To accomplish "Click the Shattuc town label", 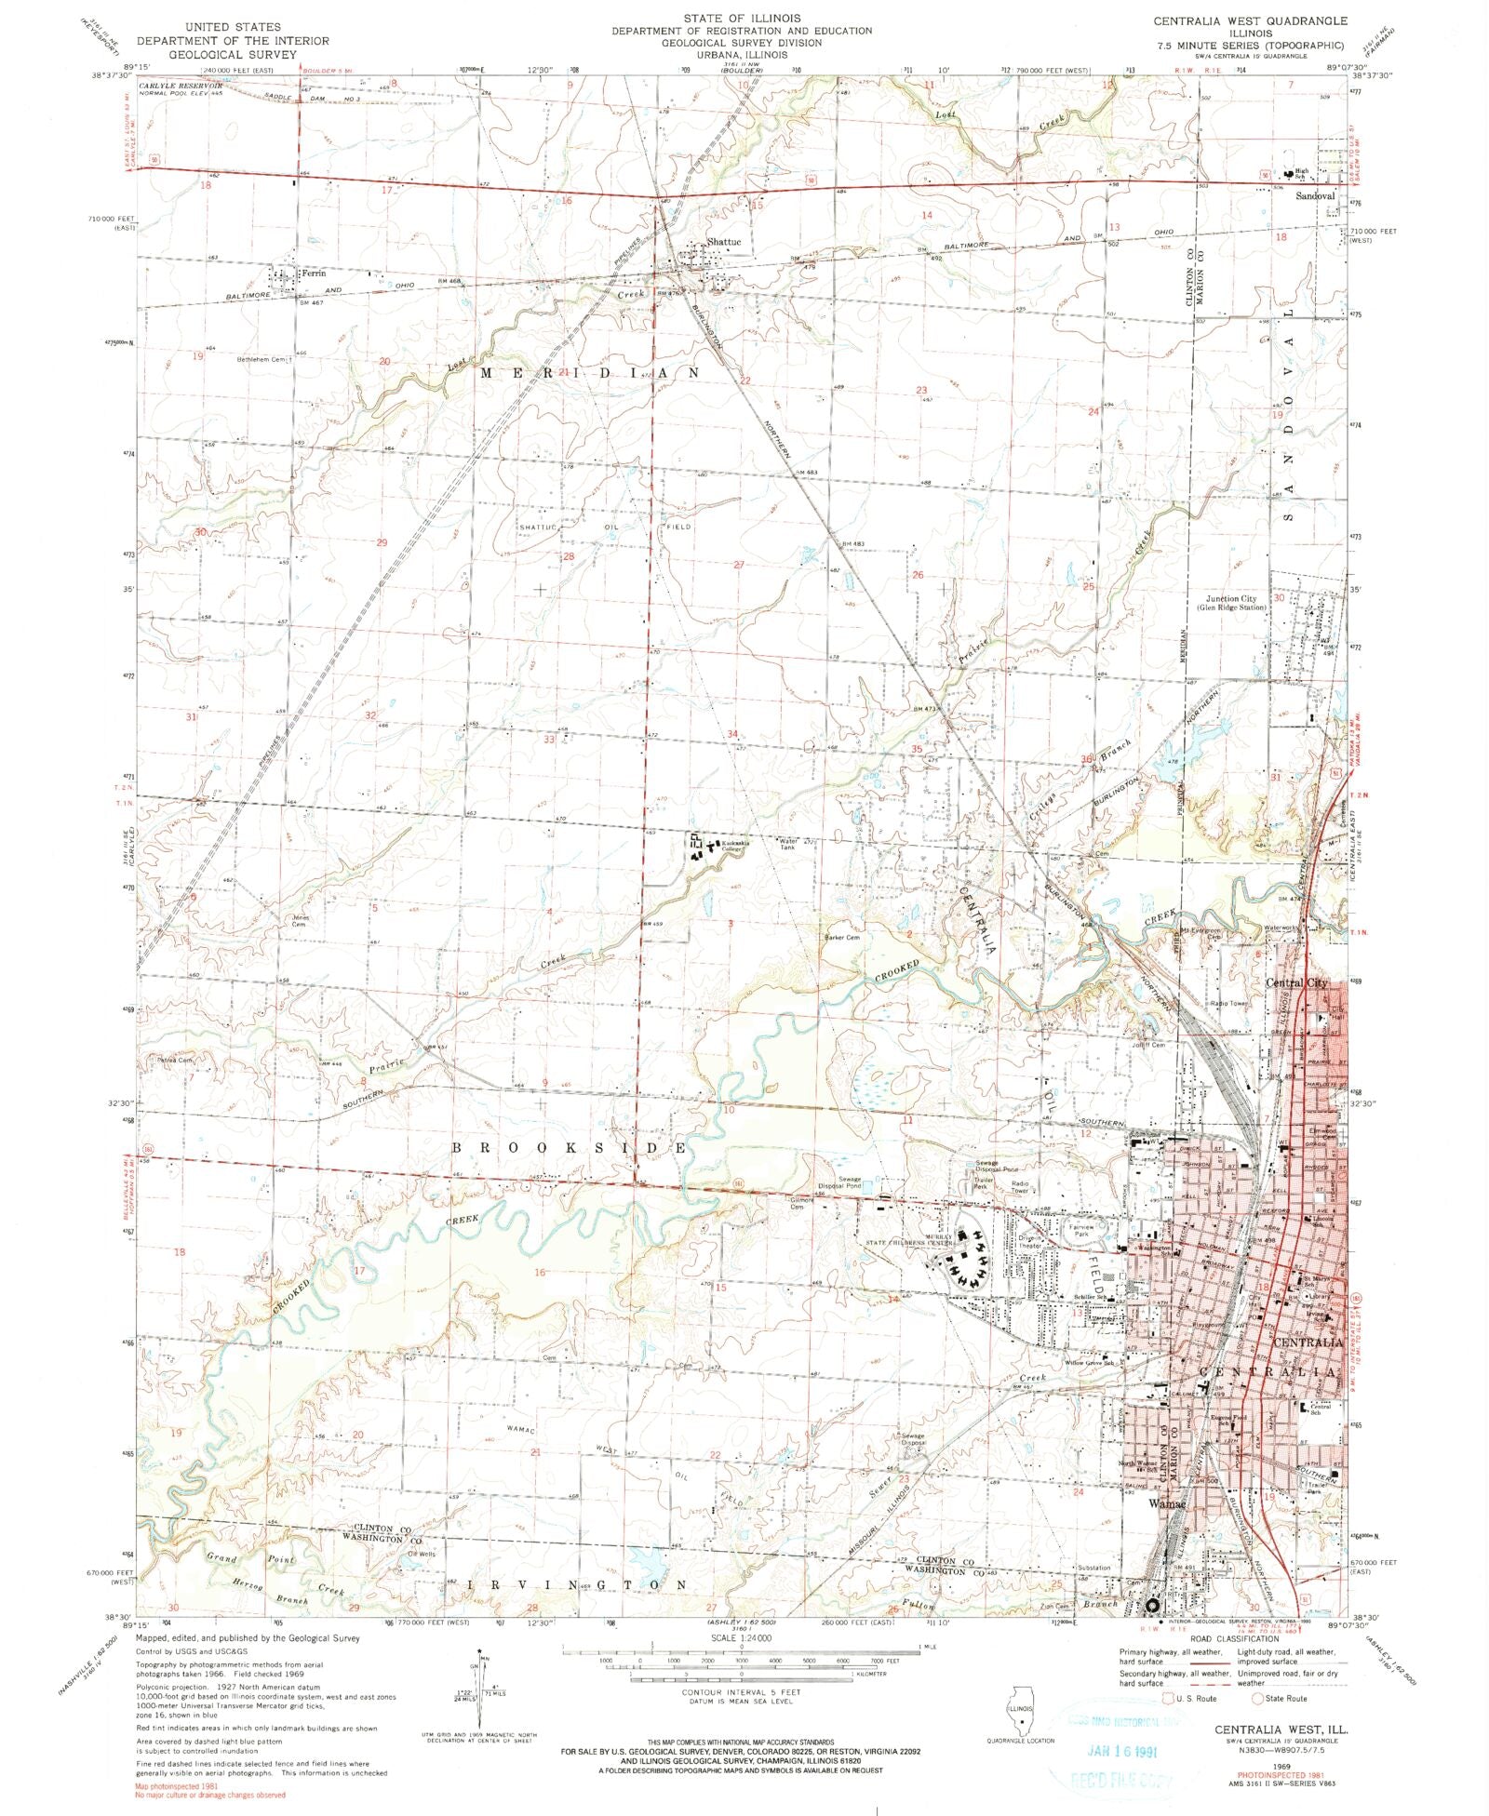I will pos(724,242).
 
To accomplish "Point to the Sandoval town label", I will pos(1315,196).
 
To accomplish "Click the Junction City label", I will pos(1231,599).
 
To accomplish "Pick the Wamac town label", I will pos(1167,1503).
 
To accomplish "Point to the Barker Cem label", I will pos(841,938).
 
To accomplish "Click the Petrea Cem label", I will pos(174,1060).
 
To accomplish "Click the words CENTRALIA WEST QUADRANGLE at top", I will pos(1249,20).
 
